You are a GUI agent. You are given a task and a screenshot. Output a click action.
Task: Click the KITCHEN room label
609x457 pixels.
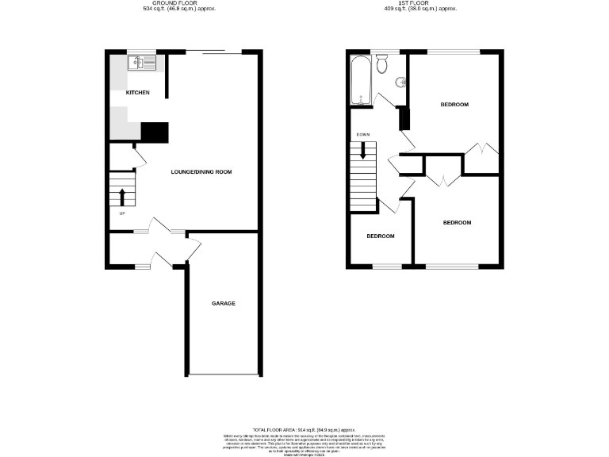point(138,93)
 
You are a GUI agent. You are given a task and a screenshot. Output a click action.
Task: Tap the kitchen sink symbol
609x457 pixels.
point(145,61)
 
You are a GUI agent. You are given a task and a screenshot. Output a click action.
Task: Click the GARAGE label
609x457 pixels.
point(223,304)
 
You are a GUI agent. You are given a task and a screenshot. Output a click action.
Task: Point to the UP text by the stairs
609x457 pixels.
point(121,213)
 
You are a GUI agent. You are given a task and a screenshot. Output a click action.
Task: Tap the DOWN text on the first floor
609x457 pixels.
point(363,134)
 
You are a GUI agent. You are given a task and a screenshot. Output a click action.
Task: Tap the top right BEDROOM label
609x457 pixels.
point(454,105)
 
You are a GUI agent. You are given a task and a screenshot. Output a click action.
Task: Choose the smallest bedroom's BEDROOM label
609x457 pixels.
point(379,236)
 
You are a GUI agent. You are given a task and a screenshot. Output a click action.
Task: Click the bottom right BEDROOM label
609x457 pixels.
point(456,222)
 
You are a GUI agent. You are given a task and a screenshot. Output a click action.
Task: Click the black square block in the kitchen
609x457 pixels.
point(155,132)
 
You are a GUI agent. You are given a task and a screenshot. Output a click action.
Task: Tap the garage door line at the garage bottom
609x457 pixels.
point(223,374)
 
